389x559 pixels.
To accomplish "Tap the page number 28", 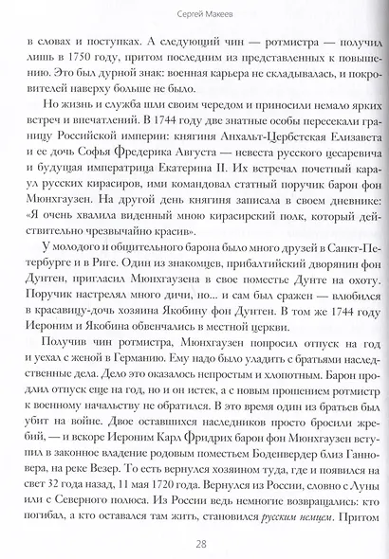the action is (x=194, y=543).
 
